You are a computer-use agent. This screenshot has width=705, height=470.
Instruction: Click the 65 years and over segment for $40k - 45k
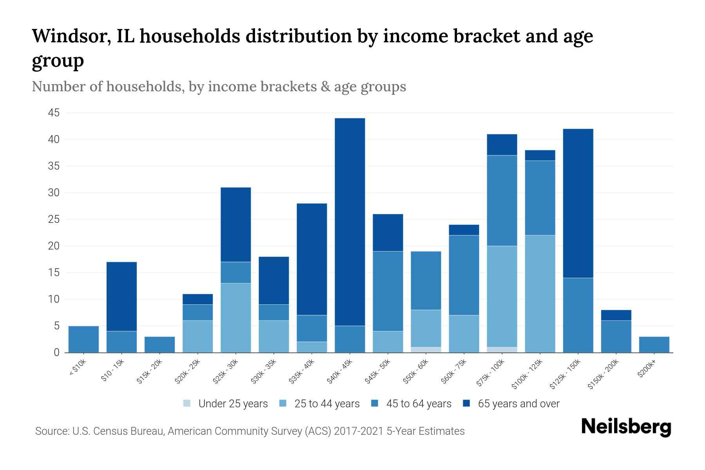pos(350,222)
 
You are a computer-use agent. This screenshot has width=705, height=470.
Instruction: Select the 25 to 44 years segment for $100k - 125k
pos(540,294)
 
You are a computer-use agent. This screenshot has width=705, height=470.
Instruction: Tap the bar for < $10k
pos(83,339)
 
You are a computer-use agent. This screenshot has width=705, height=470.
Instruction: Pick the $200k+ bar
pos(654,345)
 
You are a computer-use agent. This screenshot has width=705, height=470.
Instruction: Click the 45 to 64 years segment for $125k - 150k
pos(578,315)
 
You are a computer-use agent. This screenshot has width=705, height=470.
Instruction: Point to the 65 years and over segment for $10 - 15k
pos(121,296)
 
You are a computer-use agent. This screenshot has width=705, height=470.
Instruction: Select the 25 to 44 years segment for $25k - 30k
pos(235,318)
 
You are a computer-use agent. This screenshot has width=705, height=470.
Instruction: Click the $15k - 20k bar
pos(159,345)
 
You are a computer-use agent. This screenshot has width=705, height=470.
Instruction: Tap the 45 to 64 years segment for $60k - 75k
pos(464,275)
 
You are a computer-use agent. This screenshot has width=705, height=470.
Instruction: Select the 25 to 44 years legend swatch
pos(283,403)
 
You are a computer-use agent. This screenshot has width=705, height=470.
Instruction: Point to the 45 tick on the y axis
pos(54,113)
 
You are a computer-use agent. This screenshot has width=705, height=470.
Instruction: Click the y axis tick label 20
pos(54,246)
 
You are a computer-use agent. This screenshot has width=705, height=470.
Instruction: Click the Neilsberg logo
pos(626,427)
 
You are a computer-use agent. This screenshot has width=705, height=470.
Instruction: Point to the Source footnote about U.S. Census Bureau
pos(249,431)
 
